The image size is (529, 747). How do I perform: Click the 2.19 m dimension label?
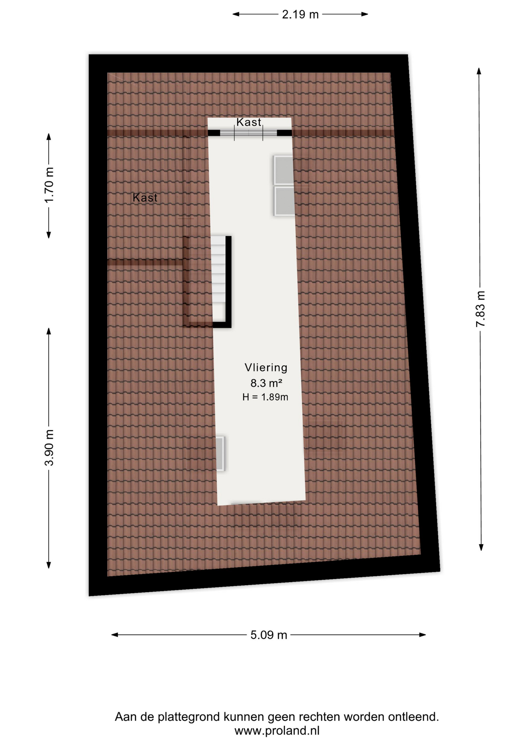300,14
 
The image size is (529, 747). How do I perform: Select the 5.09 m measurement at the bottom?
268,635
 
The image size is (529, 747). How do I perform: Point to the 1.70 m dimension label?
49,185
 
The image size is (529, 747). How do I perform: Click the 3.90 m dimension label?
49,448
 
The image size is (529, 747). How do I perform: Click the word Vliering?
266,368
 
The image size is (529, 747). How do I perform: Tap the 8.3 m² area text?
266,383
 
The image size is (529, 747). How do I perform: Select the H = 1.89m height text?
265,397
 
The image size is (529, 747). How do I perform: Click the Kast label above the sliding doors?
249,122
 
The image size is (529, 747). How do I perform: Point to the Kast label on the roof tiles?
145,198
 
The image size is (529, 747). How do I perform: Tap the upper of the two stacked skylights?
284,170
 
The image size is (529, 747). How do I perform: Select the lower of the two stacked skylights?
284,201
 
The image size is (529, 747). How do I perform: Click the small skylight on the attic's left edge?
220,454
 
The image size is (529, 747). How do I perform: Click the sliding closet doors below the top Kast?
249,133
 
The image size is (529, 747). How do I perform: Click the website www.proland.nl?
277,731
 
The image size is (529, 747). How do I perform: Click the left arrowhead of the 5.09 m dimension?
115,635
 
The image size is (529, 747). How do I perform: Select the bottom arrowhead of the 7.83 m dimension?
481,547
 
